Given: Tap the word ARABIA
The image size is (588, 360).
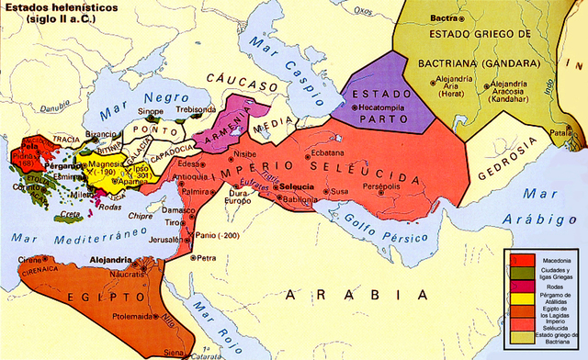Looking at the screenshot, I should pyautogui.click(x=358, y=295).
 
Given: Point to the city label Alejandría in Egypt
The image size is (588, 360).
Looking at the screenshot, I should pyautogui.click(x=113, y=260).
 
